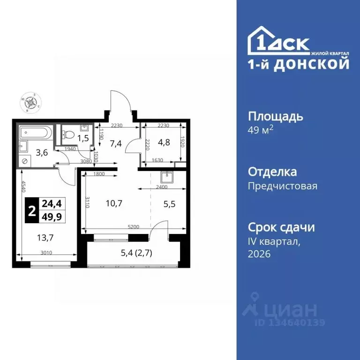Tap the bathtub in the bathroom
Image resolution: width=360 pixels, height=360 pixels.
click(36, 133)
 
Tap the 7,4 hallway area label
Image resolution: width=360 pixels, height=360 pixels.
click(115, 143)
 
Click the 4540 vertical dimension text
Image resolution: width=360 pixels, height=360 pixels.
click(22, 193)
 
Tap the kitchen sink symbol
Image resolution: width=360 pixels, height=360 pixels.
click(167, 177)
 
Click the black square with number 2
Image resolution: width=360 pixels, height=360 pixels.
click(31, 210)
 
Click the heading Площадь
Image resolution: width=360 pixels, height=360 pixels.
click(275, 116)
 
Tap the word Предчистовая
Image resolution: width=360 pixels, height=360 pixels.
click(282, 186)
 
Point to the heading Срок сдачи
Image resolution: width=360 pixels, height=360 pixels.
click(281, 227)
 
